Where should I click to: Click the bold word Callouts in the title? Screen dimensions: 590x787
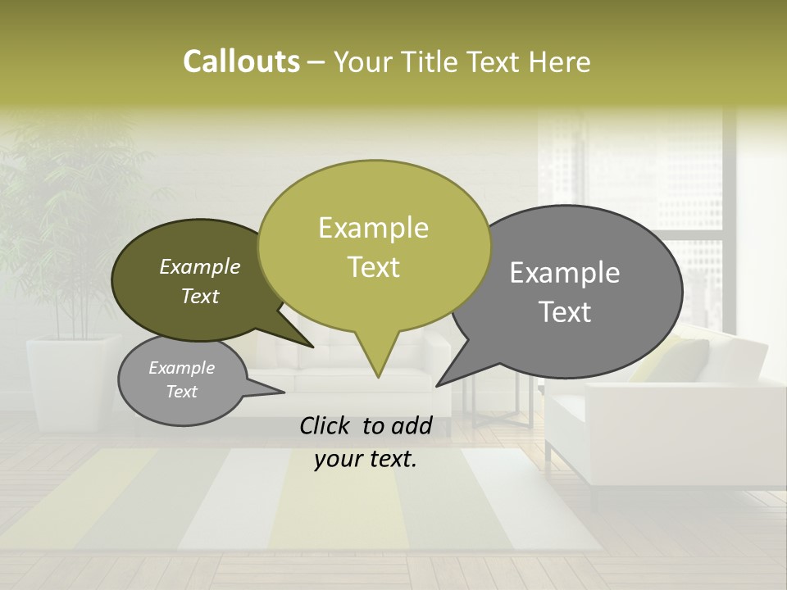click(241, 61)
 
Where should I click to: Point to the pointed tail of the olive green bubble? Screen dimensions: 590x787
click(377, 373)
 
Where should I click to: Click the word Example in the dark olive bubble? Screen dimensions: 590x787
click(200, 266)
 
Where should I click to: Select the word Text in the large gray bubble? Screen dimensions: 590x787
click(566, 312)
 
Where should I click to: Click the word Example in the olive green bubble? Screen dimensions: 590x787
click(373, 228)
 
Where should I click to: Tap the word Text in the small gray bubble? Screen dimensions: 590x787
click(181, 392)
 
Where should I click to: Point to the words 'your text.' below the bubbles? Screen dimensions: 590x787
click(366, 460)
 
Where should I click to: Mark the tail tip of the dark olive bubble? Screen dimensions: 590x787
click(312, 347)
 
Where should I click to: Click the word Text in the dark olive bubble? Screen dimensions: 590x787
click(200, 296)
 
